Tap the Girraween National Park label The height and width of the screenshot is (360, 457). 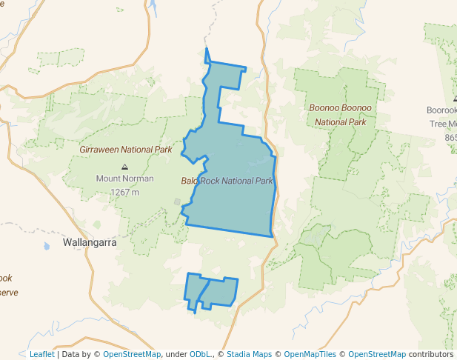coord(126,150)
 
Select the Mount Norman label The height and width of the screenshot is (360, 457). coord(124,179)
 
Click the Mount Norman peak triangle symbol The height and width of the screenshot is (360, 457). coord(124,167)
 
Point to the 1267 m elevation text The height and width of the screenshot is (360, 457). coord(124,192)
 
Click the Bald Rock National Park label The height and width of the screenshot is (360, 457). coord(227,181)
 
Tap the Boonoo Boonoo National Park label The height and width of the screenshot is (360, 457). coord(341,115)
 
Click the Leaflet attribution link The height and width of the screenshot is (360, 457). coord(41,354)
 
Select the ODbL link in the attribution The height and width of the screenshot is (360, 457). coord(201,354)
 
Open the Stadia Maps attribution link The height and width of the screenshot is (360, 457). coord(248,354)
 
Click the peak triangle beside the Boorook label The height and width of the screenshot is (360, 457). coord(455,99)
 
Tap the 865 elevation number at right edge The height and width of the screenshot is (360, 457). coord(451,138)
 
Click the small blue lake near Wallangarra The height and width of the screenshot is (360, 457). coord(46,245)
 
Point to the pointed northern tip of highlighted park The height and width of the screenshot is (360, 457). coord(206,50)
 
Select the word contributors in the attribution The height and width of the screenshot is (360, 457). coord(431,354)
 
